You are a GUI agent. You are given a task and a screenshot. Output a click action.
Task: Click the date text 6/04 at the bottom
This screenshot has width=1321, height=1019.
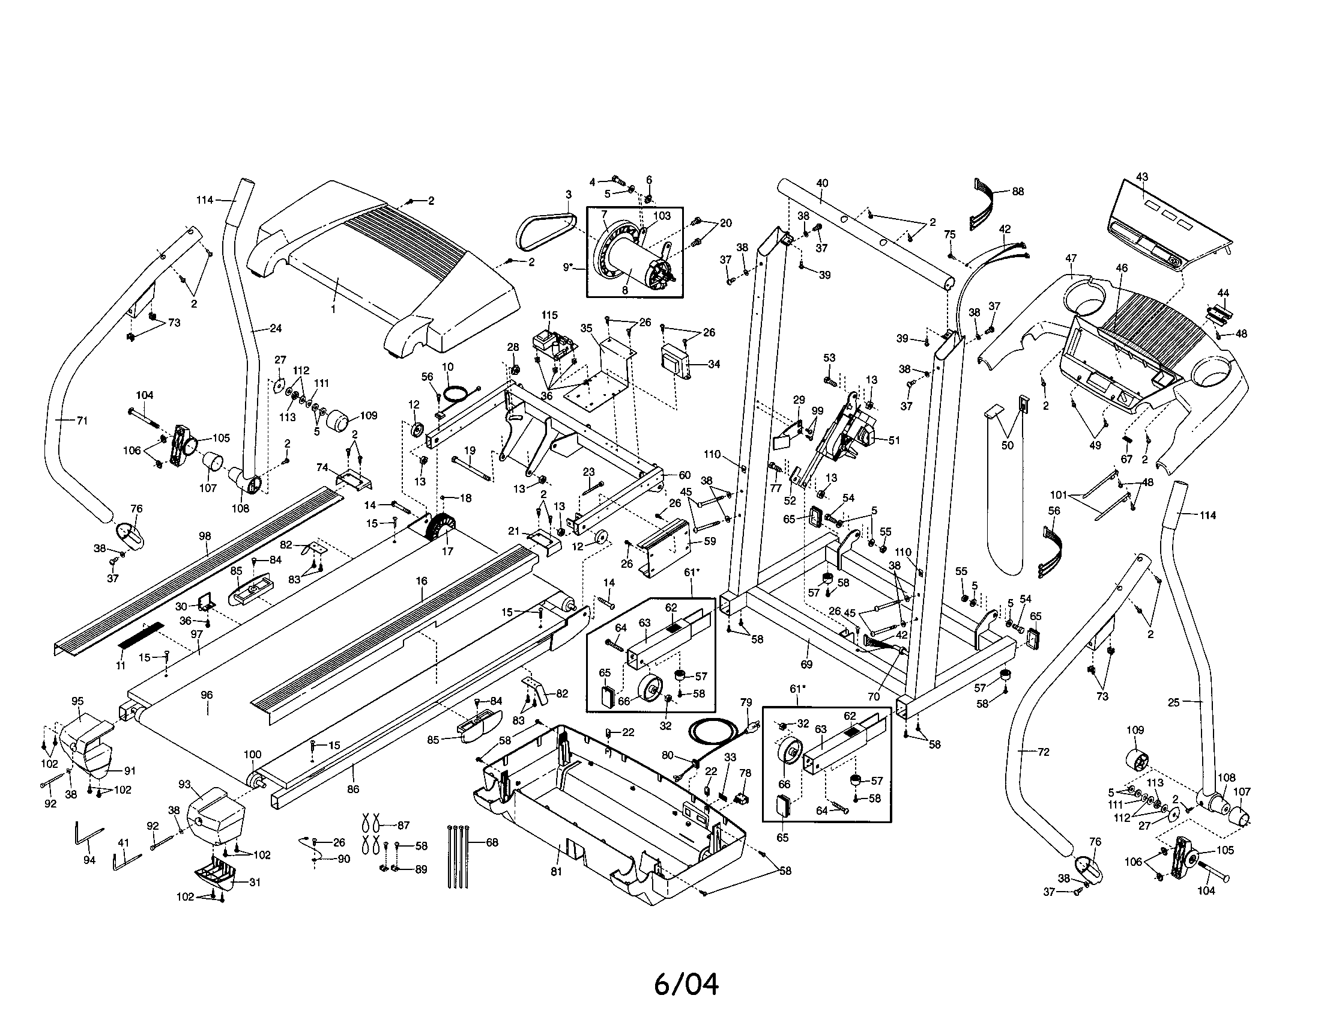(x=686, y=985)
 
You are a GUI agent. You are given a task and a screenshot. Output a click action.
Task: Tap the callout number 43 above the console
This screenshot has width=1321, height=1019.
(x=1141, y=177)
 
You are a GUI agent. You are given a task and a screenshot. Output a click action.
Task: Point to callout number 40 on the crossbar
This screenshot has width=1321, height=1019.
(x=822, y=183)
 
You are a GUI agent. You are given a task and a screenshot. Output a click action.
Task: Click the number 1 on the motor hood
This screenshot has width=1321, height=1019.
(x=333, y=309)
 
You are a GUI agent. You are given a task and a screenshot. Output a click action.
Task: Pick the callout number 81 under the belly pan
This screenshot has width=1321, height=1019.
(x=556, y=871)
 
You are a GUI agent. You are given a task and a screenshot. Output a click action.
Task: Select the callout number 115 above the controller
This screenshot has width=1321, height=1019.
(x=549, y=315)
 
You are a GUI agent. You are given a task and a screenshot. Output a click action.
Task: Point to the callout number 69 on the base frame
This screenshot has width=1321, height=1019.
(x=806, y=664)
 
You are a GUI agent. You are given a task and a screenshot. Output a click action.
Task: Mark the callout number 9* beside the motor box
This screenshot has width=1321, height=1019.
(x=567, y=266)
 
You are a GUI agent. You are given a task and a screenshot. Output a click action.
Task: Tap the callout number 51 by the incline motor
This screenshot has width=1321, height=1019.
(x=893, y=440)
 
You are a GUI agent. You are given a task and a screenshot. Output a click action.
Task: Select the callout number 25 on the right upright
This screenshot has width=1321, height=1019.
(x=1173, y=702)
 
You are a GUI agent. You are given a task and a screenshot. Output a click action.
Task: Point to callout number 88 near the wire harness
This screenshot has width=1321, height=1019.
(x=1018, y=191)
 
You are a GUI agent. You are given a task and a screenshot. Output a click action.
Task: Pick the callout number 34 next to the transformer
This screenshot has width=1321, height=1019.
(x=714, y=364)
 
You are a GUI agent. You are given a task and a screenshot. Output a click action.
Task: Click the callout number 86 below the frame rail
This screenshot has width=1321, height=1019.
(x=353, y=789)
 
